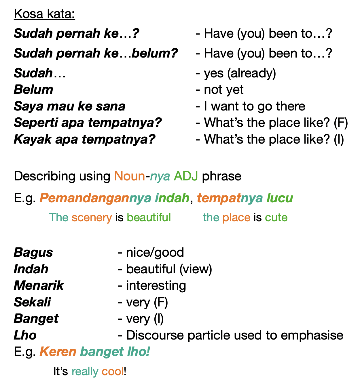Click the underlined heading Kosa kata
coord(44,14)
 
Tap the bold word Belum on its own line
coord(33,90)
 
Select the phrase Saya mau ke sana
coord(69,106)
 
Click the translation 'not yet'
coord(223,90)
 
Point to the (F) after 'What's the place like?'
coord(341,123)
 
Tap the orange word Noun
coord(130,176)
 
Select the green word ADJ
coord(186,176)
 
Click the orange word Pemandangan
coord(84,198)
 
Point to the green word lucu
coord(280,198)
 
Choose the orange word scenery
coord(92,218)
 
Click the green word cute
coord(276,218)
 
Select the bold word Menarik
coord(39,286)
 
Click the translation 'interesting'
coord(156,286)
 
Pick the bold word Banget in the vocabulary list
coord(36,319)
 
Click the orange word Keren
coord(58,352)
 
